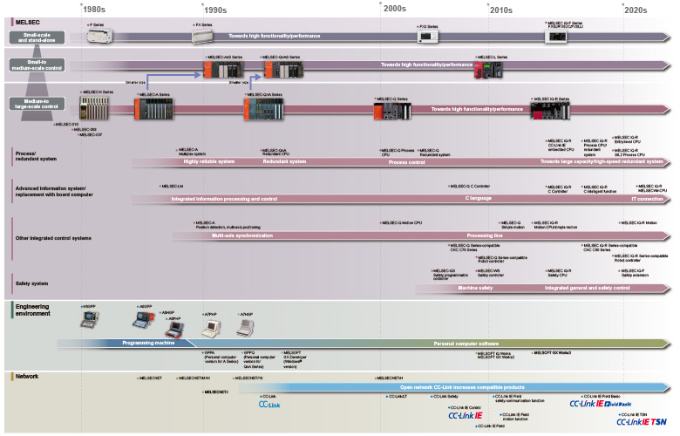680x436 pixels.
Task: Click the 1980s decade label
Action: coord(96,10)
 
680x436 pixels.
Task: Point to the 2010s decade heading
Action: coord(500,10)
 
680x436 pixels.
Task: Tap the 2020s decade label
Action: coord(635,10)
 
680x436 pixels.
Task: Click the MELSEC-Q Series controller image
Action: coord(397,108)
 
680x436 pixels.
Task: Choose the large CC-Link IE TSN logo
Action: coord(643,421)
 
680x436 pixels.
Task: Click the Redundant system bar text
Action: coord(284,161)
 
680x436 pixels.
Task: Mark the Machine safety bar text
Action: coord(475,287)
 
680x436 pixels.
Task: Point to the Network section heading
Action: coord(25,376)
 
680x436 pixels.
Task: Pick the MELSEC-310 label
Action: coord(66,125)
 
